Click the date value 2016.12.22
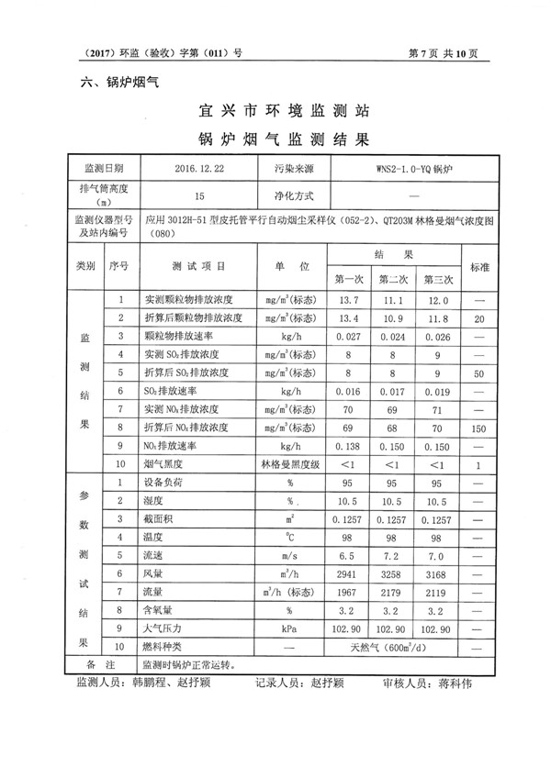(x=199, y=170)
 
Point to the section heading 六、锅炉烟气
(x=121, y=83)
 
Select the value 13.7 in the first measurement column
(x=349, y=300)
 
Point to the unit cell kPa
(x=288, y=628)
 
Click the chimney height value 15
(x=199, y=195)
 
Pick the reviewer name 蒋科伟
(x=448, y=684)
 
